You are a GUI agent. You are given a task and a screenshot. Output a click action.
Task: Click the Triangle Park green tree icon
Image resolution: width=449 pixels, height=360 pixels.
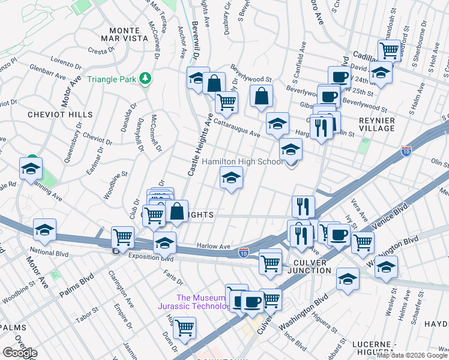(x=144, y=79)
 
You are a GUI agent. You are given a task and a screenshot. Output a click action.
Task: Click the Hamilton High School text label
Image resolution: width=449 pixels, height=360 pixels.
(x=243, y=162)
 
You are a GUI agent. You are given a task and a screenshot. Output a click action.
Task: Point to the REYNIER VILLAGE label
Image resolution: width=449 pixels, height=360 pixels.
(x=376, y=124)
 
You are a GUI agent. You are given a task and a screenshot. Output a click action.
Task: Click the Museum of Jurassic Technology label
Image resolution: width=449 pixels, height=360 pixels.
(x=203, y=302)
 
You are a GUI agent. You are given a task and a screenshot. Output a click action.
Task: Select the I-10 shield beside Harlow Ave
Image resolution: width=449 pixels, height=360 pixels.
(x=243, y=253)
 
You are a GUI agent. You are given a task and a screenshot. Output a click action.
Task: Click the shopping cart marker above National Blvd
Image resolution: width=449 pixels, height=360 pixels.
(x=122, y=237)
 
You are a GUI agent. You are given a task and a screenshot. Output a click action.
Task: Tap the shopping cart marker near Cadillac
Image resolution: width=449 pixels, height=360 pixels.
(x=389, y=50)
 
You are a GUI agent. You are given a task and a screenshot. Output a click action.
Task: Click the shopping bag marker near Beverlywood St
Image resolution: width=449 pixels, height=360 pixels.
(x=261, y=96)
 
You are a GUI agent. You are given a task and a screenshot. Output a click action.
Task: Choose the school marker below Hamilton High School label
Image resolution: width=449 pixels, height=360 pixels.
(x=231, y=178)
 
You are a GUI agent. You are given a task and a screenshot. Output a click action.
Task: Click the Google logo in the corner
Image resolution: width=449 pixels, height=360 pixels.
(x=20, y=353)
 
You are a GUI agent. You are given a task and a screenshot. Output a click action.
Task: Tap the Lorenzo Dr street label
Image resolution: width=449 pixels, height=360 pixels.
(x=66, y=63)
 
